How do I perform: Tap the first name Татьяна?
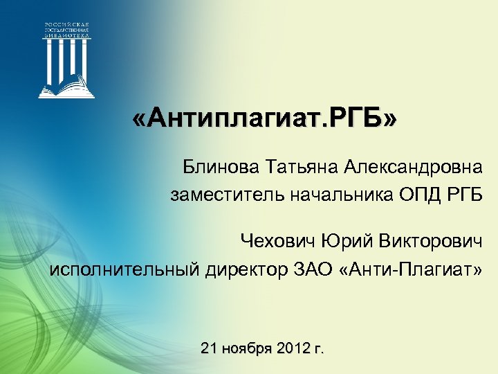pos(290,167)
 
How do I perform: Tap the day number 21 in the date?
pos(208,348)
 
